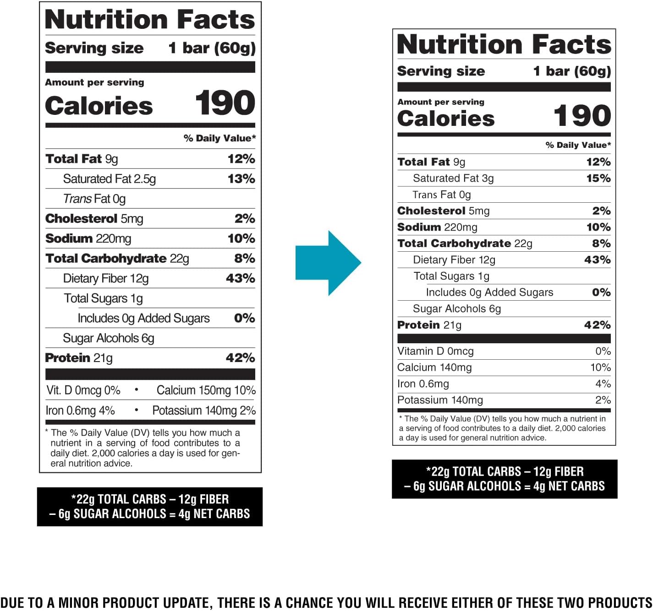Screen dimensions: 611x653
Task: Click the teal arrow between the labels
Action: point(328,263)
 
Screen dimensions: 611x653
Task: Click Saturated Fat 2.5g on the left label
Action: point(109,179)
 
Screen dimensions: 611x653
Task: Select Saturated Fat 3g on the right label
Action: point(453,178)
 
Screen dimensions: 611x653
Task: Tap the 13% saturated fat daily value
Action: point(241,179)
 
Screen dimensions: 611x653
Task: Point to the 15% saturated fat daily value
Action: point(598,178)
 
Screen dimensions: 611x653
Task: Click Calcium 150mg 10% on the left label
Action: point(206,390)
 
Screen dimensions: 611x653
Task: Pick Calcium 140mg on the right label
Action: point(434,368)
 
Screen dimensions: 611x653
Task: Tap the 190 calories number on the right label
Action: point(582,115)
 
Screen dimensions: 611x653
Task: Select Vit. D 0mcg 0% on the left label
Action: point(83,390)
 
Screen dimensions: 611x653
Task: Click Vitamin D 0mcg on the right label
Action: point(435,351)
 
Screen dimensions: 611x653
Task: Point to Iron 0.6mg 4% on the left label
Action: point(80,411)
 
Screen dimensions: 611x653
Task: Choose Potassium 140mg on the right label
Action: point(439,400)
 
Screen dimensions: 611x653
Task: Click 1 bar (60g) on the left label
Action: point(212,48)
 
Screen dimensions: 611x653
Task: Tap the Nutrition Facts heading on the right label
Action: point(504,44)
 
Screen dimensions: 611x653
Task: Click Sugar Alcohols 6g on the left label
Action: point(108,338)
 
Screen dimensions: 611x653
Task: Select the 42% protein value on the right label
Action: point(597,325)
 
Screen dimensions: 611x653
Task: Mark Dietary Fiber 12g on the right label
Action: point(454,260)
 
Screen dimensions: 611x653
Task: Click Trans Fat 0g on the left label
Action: point(94,199)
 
